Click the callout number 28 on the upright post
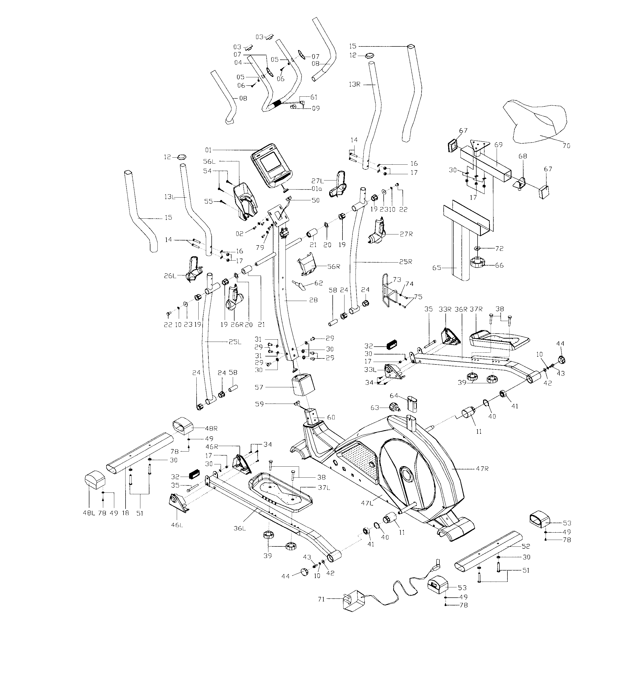click(313, 300)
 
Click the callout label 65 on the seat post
click(437, 267)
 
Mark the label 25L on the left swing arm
click(235, 342)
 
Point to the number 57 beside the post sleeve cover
click(259, 387)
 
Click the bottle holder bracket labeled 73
click(388, 290)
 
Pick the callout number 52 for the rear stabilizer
click(526, 546)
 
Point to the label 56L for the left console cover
click(209, 161)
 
